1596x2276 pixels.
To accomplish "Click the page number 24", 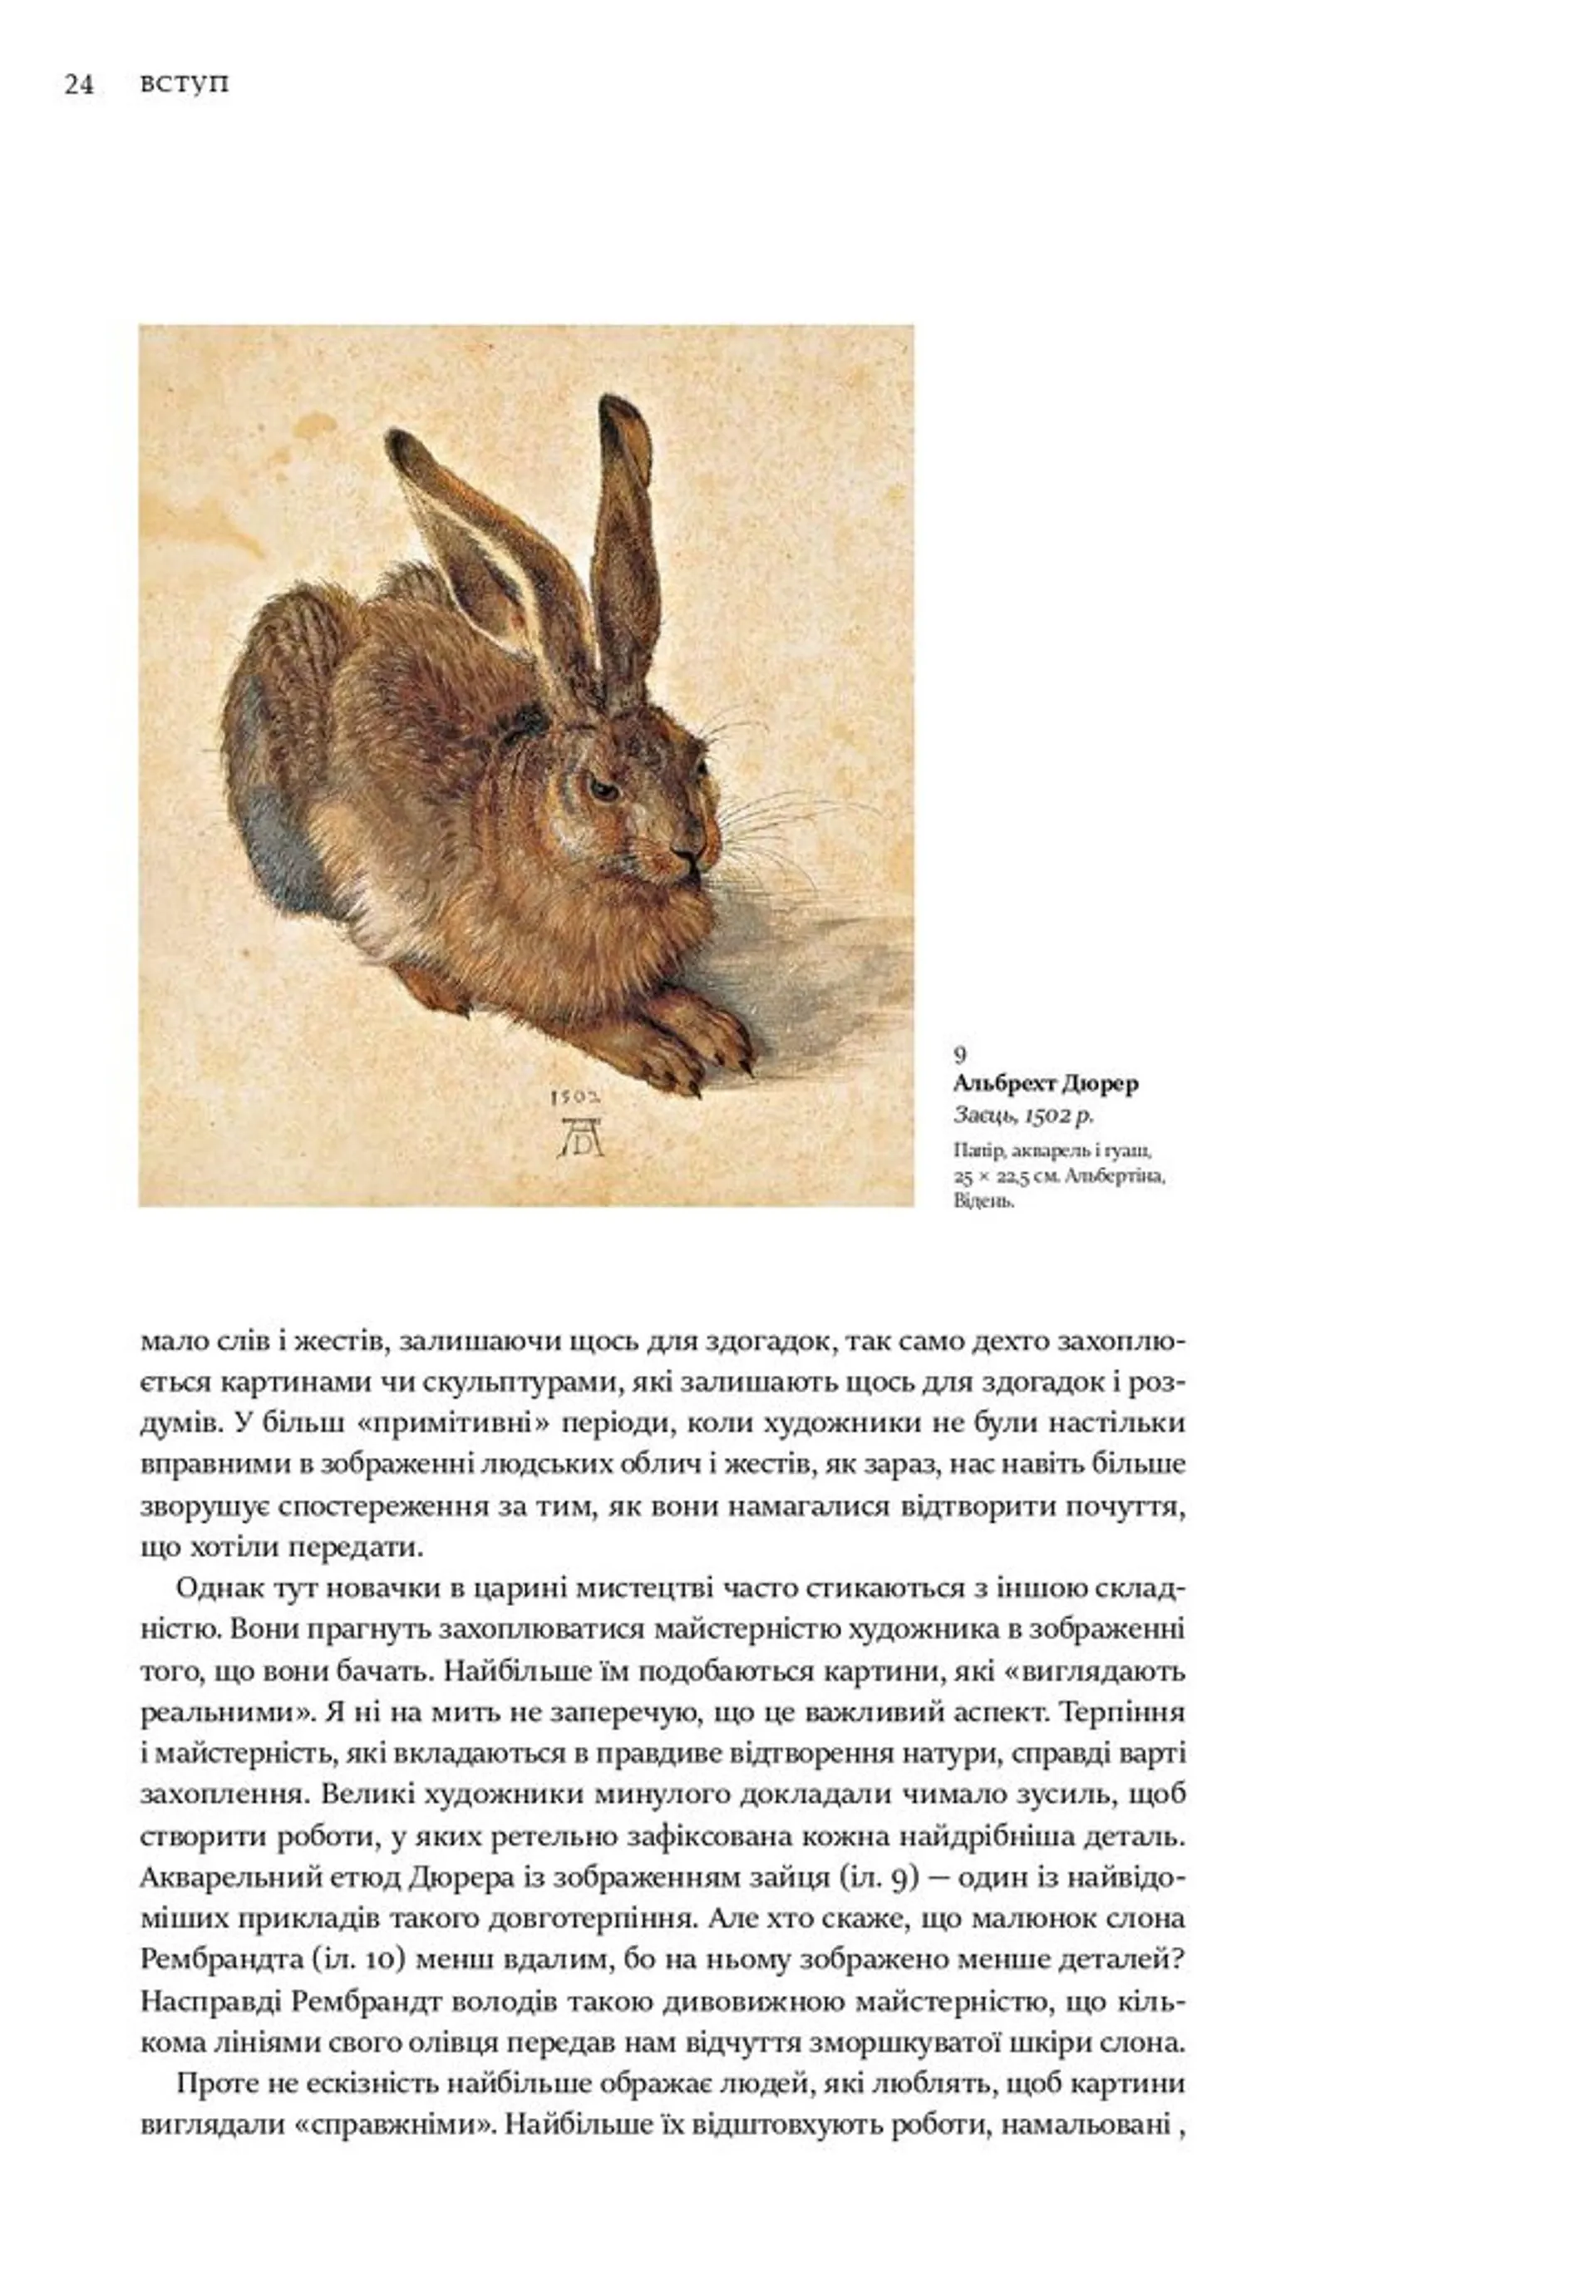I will tap(78, 86).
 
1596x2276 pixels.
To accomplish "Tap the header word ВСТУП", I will tap(185, 86).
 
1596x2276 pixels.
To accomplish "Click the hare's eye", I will tap(601, 788).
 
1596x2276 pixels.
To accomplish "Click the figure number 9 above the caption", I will tap(959, 1055).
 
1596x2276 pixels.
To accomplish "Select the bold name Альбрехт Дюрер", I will tap(1045, 1082).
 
